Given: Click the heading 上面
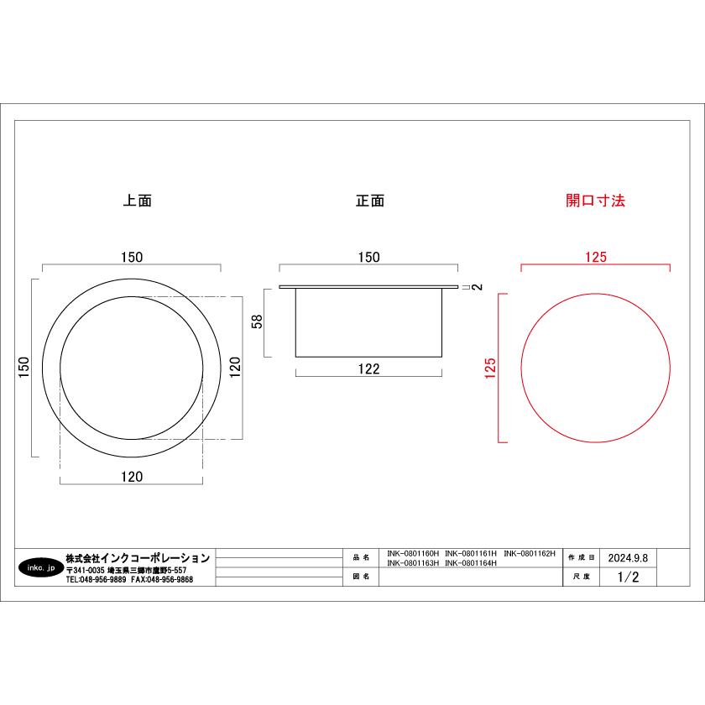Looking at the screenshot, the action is [138, 201].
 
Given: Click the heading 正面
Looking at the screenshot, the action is [370, 201].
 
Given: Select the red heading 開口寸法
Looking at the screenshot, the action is [595, 201].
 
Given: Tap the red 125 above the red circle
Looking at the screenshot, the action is [596, 257].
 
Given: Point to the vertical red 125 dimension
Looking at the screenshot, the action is [490, 368].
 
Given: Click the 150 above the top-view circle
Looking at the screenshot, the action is [132, 257].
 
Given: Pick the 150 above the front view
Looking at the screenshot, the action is [368, 257].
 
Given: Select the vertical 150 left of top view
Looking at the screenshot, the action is [23, 368].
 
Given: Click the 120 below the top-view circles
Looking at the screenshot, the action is [132, 477].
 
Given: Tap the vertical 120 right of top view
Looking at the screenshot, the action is [235, 368].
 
